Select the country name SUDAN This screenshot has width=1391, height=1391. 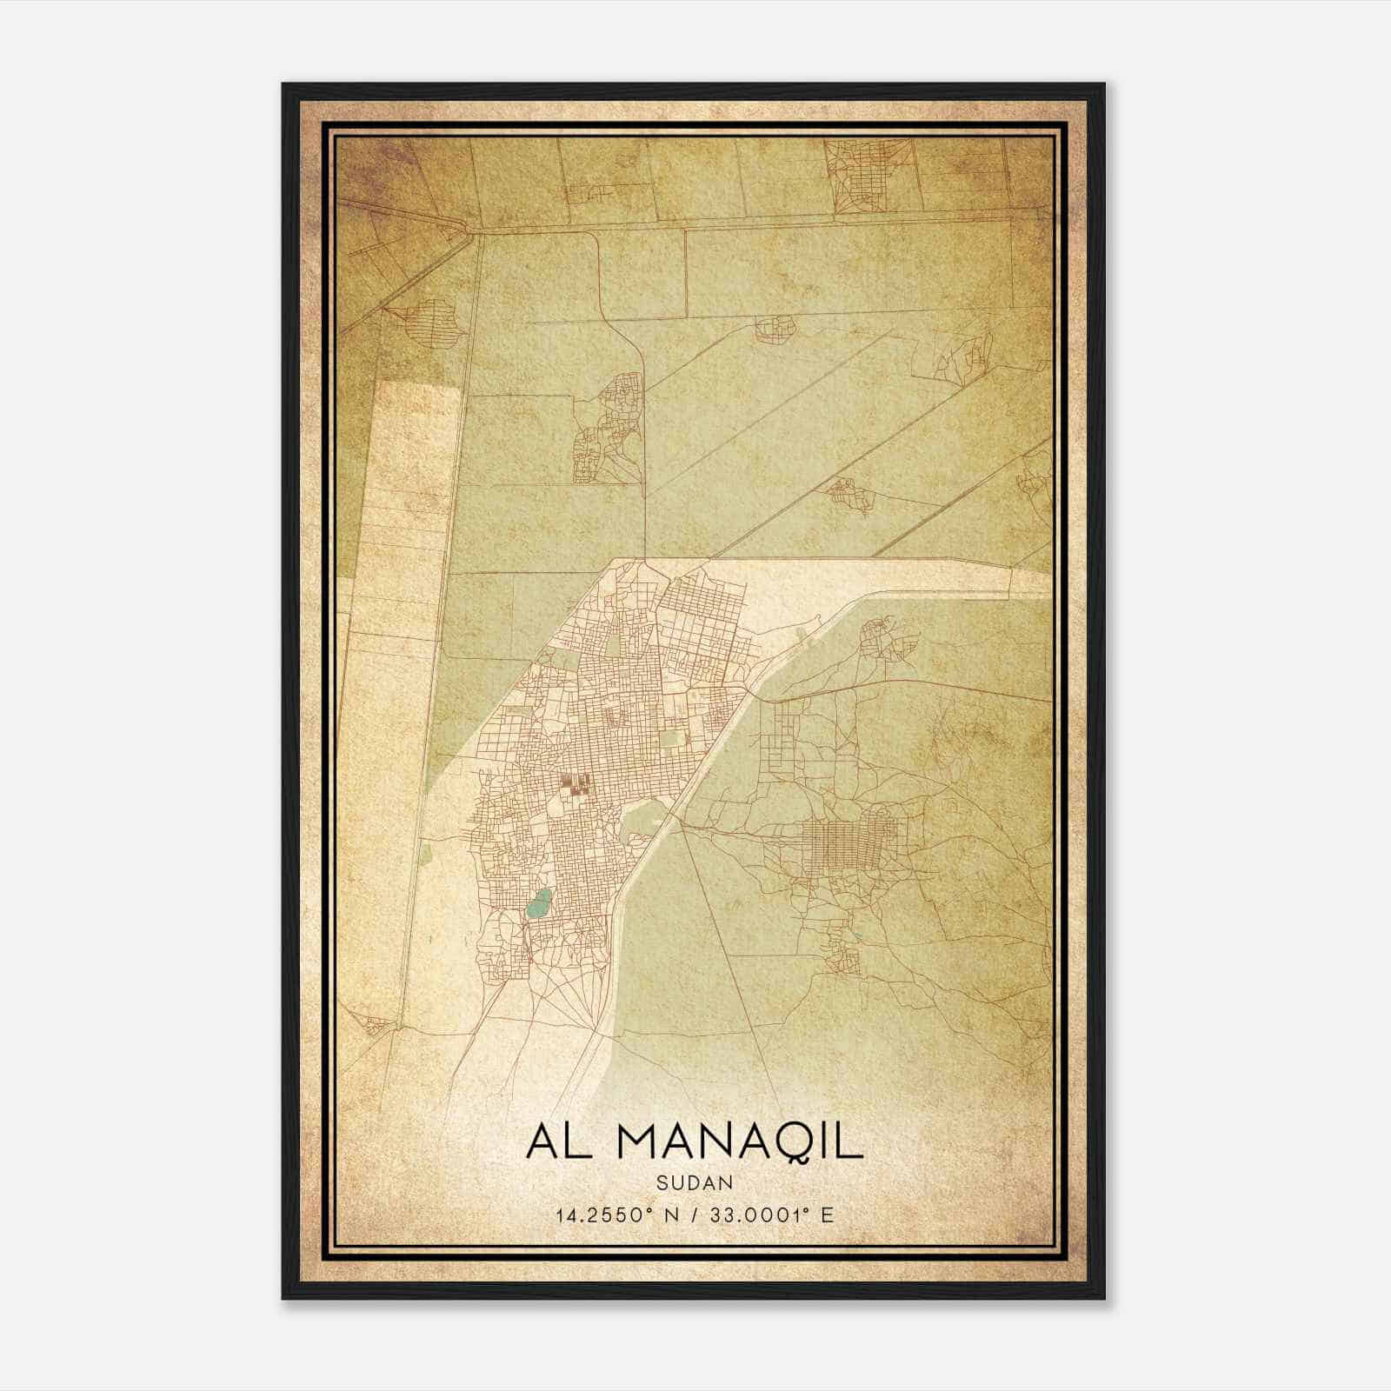coord(694,1182)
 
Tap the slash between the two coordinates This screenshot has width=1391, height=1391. coord(696,1215)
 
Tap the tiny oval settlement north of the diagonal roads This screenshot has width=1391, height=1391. coord(775,329)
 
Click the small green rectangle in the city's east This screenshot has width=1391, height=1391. coord(669,740)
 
